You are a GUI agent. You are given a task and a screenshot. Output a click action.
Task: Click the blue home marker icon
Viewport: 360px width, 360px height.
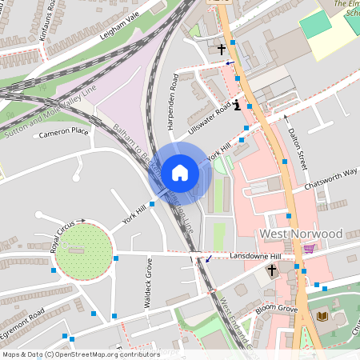179,173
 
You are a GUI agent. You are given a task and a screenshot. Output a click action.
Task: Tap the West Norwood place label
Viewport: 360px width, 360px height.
302,234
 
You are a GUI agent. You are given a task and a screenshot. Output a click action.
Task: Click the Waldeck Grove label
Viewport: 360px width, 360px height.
149,276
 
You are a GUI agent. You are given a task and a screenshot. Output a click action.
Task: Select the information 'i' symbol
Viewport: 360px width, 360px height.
237,106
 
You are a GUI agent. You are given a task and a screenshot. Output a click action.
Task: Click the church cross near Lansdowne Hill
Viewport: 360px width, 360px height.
271,271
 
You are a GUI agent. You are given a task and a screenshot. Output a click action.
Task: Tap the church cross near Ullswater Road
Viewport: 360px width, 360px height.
222,50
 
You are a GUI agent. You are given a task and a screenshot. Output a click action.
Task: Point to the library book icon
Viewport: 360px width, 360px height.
322,317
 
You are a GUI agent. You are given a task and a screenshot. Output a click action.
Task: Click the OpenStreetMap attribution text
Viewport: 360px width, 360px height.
81,354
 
